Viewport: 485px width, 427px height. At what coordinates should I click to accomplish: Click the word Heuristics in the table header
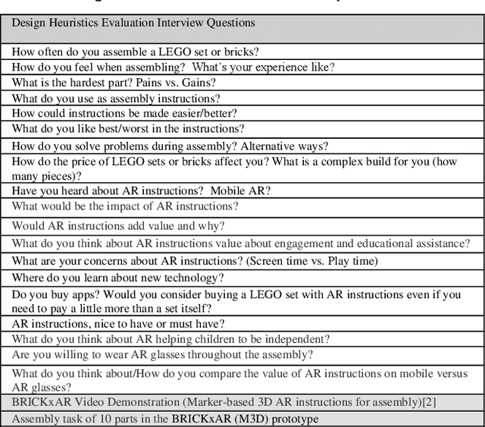(76, 23)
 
